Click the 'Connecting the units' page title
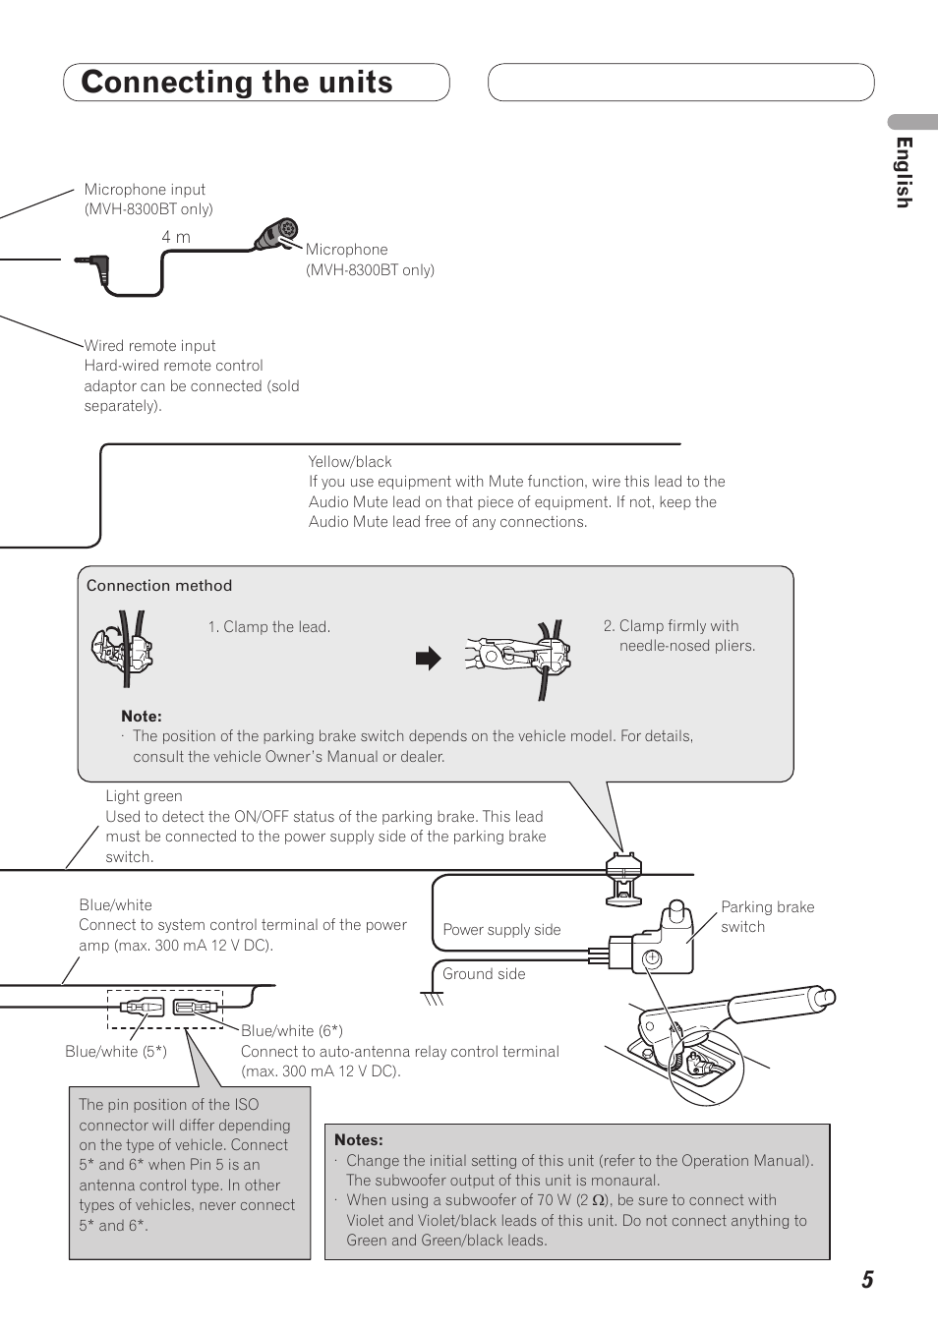237,83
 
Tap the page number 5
867,1280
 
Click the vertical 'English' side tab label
903,172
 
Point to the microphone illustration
276,236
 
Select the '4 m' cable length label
176,237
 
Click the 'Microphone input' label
145,190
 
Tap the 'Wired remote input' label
149,346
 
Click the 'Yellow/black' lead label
350,462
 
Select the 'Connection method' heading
159,586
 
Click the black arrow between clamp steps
429,659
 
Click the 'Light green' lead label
144,796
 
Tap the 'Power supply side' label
501,930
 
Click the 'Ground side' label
484,974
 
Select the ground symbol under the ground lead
432,999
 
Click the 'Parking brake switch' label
767,917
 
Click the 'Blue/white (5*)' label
116,1052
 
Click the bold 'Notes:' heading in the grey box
359,1140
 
